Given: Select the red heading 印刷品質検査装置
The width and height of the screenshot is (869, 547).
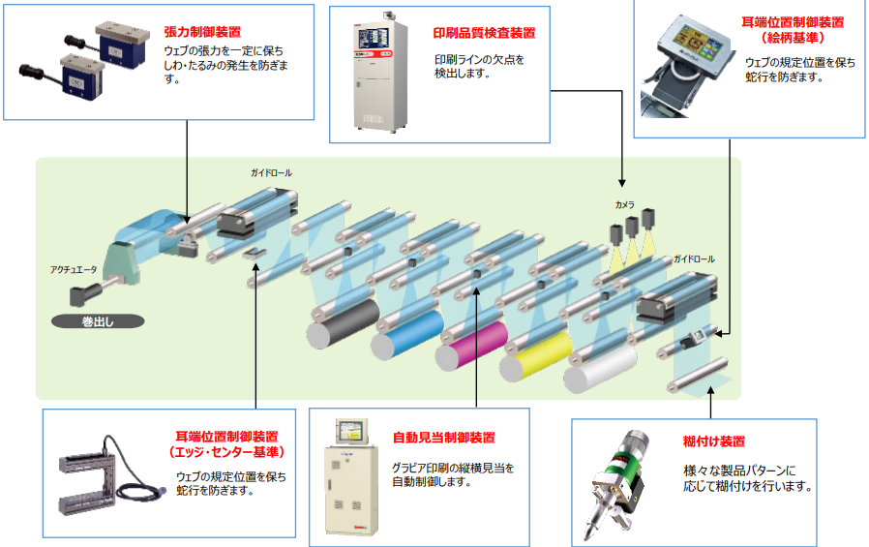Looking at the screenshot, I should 484,32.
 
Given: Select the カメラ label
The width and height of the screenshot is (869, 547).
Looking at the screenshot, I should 624,205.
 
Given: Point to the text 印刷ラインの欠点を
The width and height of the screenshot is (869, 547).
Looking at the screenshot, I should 478,59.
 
